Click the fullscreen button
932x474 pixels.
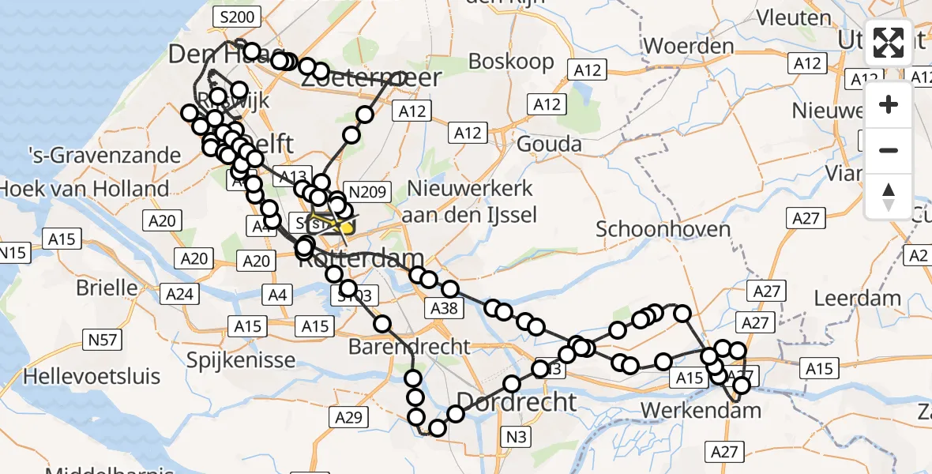(889, 43)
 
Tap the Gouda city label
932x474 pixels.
(549, 144)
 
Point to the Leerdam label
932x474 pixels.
(857, 299)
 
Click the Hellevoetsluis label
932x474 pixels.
(92, 376)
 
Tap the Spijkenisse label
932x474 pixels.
(241, 360)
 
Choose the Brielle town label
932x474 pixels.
(107, 288)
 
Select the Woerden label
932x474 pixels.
(689, 46)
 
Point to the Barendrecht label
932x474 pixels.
(409, 347)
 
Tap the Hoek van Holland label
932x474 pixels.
(85, 189)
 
